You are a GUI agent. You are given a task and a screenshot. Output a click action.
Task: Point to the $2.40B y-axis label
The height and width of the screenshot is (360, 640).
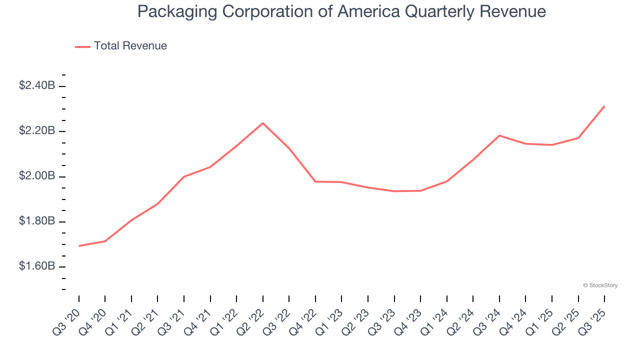tap(37, 86)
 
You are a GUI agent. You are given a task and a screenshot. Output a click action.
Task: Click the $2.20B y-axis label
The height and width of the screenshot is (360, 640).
tap(37, 131)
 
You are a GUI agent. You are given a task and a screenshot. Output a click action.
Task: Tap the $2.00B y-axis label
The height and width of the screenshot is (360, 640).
tap(37, 176)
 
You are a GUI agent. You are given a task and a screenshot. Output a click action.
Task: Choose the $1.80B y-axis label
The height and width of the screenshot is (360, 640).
tap(37, 221)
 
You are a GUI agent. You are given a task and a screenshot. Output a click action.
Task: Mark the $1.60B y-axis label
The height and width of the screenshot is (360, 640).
tap(37, 266)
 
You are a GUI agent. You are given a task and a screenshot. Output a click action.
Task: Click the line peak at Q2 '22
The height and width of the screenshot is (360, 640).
tap(263, 123)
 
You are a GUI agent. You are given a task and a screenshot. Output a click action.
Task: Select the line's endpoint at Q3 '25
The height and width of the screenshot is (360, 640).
tap(604, 106)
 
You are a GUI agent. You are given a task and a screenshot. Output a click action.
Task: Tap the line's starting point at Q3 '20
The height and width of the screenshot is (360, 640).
tap(79, 246)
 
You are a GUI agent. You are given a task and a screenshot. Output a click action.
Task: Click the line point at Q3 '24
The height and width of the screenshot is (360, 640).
tap(499, 135)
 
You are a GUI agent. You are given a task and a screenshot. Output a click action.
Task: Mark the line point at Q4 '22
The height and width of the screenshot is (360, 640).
tap(315, 181)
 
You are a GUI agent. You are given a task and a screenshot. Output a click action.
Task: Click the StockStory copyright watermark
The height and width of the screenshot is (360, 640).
tap(600, 285)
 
